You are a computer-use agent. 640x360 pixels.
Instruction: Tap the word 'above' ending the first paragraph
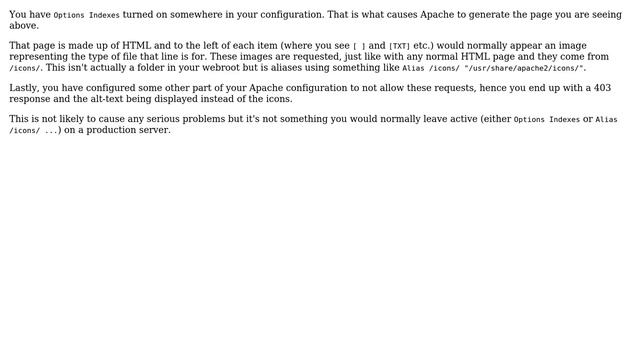click(x=23, y=26)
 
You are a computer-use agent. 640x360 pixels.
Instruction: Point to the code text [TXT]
click(x=399, y=47)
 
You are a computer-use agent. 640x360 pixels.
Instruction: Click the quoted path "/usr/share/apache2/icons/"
click(x=525, y=68)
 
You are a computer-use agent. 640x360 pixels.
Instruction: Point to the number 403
click(x=601, y=88)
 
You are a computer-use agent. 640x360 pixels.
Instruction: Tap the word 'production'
click(x=110, y=130)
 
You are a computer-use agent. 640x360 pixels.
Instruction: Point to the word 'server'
click(x=155, y=130)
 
